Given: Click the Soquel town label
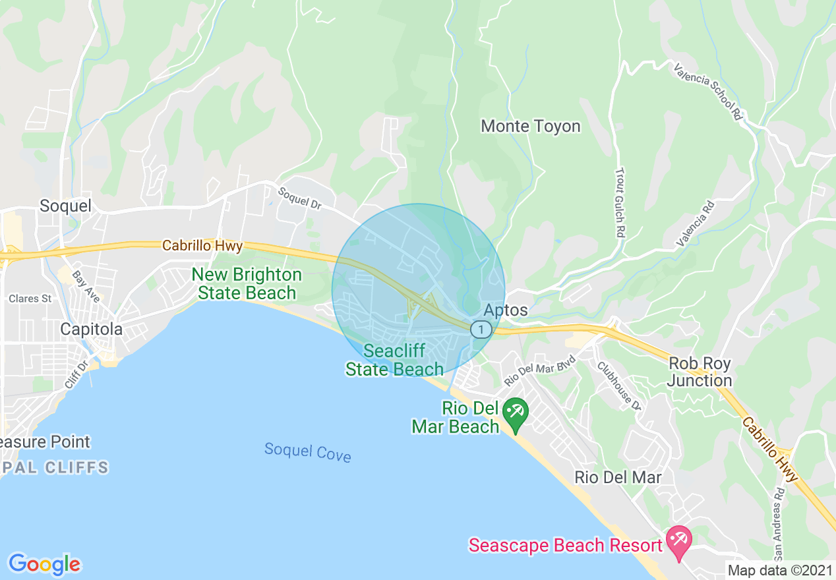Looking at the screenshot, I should pyautogui.click(x=65, y=206).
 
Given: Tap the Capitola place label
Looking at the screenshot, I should pyautogui.click(x=92, y=329).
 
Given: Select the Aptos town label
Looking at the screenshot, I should pyautogui.click(x=506, y=310).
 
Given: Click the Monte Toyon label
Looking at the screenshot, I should pyautogui.click(x=531, y=126).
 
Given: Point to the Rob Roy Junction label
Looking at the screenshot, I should pyautogui.click(x=700, y=372).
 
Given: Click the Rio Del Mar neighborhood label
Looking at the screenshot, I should pyautogui.click(x=618, y=477).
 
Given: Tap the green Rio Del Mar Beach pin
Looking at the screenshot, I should pyautogui.click(x=514, y=413).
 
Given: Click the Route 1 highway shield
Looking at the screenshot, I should pyautogui.click(x=481, y=329).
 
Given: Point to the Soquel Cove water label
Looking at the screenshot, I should pyautogui.click(x=307, y=452).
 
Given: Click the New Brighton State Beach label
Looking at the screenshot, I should pyautogui.click(x=247, y=283).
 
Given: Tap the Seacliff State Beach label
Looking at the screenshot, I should pyautogui.click(x=394, y=360).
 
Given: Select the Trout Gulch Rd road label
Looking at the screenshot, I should pyautogui.click(x=620, y=202).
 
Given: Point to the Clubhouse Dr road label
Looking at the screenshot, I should pyautogui.click(x=619, y=384).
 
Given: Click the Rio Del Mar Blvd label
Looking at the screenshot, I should pyautogui.click(x=540, y=371).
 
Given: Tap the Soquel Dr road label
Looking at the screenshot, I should pyautogui.click(x=299, y=198).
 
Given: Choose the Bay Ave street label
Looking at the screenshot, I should pyautogui.click(x=86, y=287).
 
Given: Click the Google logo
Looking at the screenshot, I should pyautogui.click(x=44, y=564).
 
